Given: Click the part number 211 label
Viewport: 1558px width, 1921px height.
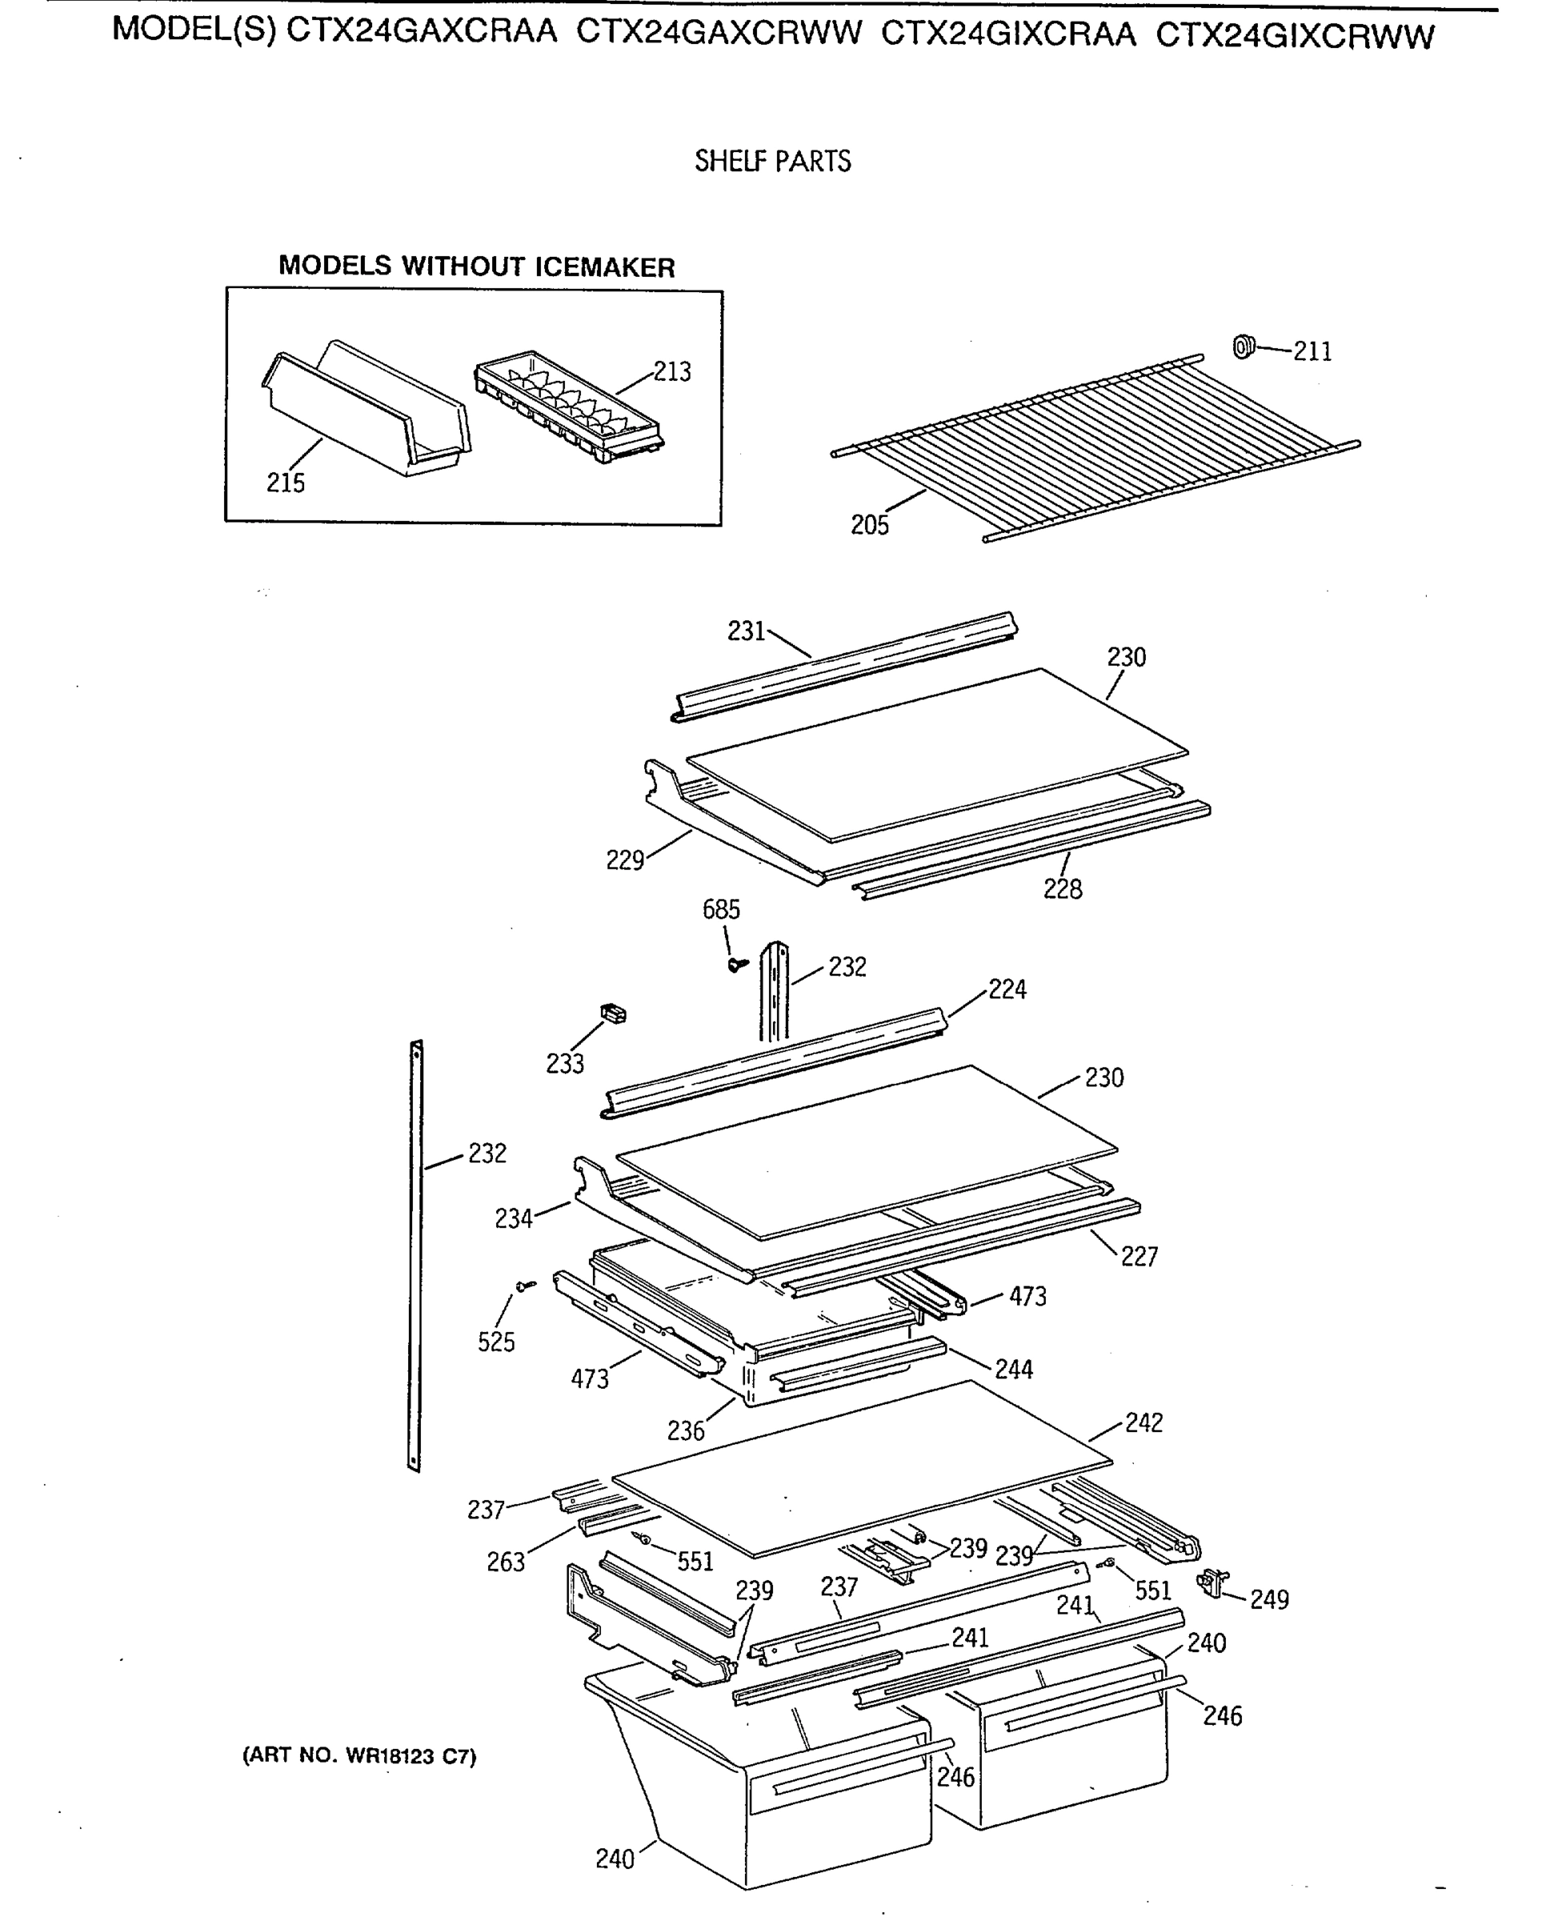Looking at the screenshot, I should tap(1312, 352).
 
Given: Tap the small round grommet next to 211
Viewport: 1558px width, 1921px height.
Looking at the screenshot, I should tap(1243, 346).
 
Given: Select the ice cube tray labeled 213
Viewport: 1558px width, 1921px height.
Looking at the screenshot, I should tap(569, 407).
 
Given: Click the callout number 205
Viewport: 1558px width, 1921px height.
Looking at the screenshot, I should tap(870, 525).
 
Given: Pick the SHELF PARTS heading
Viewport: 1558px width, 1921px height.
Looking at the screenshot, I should tap(773, 162).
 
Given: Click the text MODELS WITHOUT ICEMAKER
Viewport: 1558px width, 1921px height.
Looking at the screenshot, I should tap(477, 267).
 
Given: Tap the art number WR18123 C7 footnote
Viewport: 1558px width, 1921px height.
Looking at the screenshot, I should tap(359, 1756).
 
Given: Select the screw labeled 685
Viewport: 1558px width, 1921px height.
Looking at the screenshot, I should tap(739, 964).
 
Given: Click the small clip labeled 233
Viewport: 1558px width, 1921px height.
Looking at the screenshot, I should tap(613, 1014).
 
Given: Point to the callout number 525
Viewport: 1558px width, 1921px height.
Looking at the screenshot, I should tap(496, 1342).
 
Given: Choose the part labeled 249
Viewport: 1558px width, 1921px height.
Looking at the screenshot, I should tap(1214, 1582).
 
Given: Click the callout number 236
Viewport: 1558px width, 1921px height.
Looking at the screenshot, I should tap(686, 1431).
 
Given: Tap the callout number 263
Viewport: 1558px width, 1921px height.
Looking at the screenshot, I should tap(505, 1562).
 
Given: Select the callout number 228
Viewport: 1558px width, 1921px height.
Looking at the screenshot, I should tap(1063, 889).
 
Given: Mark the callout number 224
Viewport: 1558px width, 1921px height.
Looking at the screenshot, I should tap(1007, 989).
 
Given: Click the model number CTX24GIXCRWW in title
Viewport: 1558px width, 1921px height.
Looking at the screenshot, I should tap(1295, 36).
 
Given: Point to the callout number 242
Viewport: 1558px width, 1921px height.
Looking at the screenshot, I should tap(1143, 1423).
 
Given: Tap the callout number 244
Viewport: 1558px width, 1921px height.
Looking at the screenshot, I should tap(1013, 1369).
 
